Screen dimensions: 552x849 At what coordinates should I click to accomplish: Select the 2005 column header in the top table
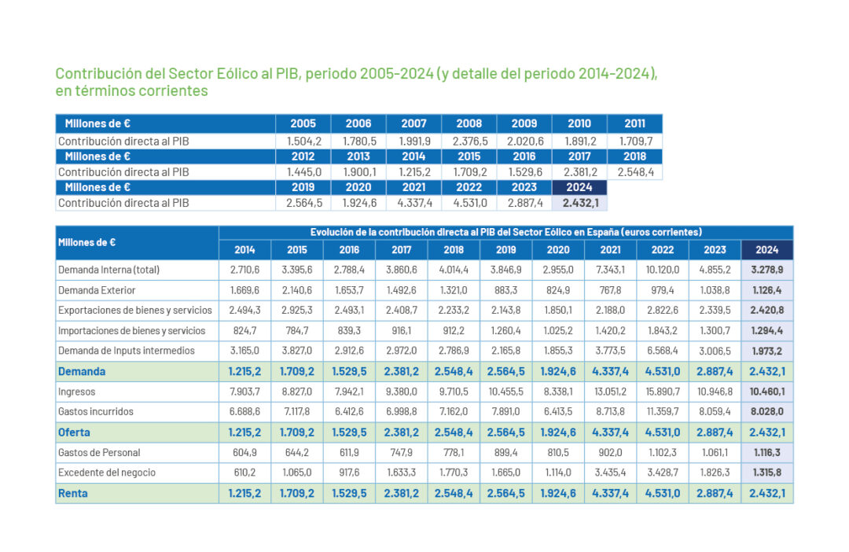click(303, 123)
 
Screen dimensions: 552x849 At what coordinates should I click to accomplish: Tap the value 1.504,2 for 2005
click(303, 142)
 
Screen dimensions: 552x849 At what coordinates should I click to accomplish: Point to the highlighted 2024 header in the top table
click(579, 187)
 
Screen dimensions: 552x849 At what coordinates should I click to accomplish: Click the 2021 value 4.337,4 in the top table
click(413, 203)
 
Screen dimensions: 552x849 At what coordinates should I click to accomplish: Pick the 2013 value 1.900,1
click(358, 171)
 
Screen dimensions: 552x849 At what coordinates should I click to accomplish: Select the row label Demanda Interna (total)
click(109, 270)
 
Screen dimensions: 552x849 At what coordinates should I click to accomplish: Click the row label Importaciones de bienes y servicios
click(132, 330)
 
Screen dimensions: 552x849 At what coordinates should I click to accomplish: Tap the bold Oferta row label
click(74, 432)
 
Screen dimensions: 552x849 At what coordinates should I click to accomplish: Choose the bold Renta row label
click(73, 493)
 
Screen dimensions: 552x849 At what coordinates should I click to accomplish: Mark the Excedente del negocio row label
click(107, 472)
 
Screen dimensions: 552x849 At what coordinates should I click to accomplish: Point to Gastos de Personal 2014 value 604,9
click(244, 452)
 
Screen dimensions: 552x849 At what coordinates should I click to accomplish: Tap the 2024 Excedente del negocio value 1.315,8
click(766, 472)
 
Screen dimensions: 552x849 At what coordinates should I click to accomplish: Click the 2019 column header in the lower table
click(505, 250)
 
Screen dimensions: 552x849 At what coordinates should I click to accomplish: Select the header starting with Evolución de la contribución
click(505, 232)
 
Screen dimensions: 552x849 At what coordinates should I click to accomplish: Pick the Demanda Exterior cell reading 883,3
click(505, 290)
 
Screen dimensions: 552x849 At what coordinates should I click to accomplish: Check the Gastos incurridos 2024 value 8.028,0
click(766, 411)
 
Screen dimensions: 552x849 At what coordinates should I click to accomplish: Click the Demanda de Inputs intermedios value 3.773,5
click(609, 351)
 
